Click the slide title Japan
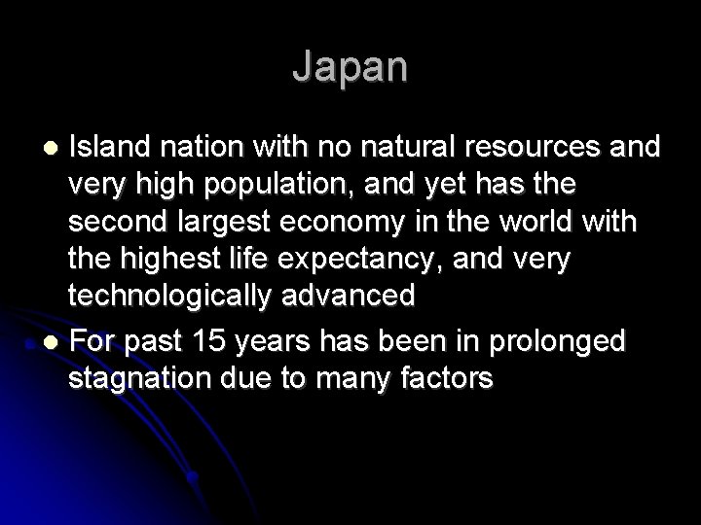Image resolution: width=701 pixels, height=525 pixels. coord(350,67)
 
